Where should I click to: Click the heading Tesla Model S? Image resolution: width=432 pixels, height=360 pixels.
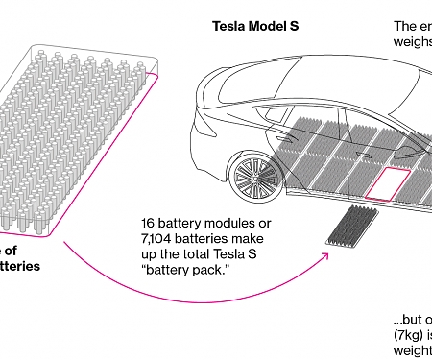click(256, 26)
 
